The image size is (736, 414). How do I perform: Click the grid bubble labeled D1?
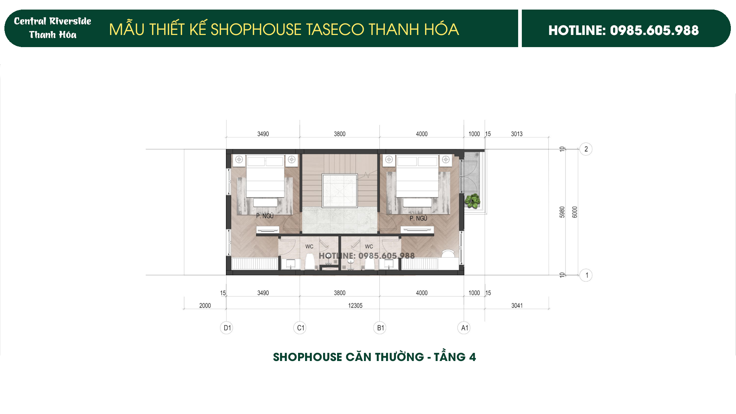226,328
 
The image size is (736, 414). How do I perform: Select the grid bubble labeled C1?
300,328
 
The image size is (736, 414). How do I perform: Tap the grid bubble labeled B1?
380,328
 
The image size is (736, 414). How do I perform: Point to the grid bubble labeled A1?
464,328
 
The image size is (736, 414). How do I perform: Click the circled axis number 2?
586,149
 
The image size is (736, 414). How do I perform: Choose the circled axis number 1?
586,275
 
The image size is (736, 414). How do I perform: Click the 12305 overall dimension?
355,305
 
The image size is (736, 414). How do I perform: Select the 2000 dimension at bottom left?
205,305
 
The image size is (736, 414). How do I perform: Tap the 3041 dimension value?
517,305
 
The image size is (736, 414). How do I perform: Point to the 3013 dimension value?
516,134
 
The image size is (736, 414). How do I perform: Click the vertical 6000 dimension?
575,212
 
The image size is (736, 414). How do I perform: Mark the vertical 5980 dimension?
562,212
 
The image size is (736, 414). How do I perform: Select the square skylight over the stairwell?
340,191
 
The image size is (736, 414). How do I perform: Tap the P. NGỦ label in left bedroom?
265,216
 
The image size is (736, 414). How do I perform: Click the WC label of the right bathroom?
369,247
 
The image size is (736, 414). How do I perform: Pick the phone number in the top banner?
654,30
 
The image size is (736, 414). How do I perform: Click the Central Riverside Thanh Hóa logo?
53,28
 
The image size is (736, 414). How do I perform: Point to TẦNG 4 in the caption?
455,357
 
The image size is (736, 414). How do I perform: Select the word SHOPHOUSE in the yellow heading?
256,29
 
